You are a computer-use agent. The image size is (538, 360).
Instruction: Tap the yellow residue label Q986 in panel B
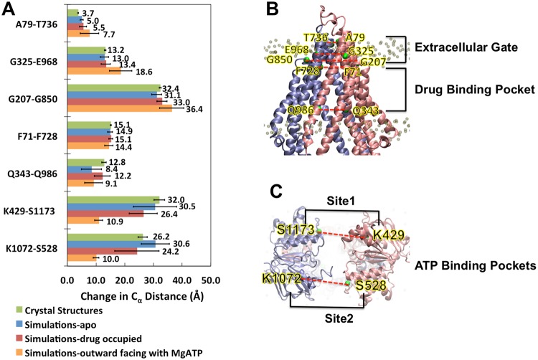click(x=300, y=110)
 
